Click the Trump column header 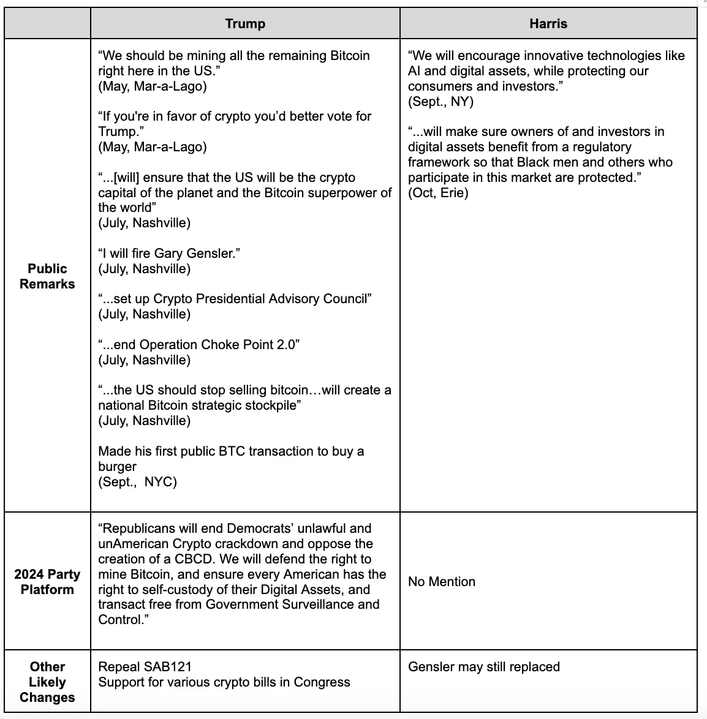tap(245, 24)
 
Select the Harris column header tap(548, 24)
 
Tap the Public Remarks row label tap(47, 276)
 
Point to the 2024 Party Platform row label tap(47, 582)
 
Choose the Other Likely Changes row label tap(47, 682)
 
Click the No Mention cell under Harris tap(442, 582)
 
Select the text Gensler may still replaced tap(484, 666)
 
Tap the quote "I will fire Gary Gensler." tap(169, 254)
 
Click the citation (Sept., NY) tap(441, 102)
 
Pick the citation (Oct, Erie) tap(438, 193)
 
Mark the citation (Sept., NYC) tap(138, 482)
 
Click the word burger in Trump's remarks tap(118, 467)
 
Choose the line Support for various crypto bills tap(224, 682)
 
